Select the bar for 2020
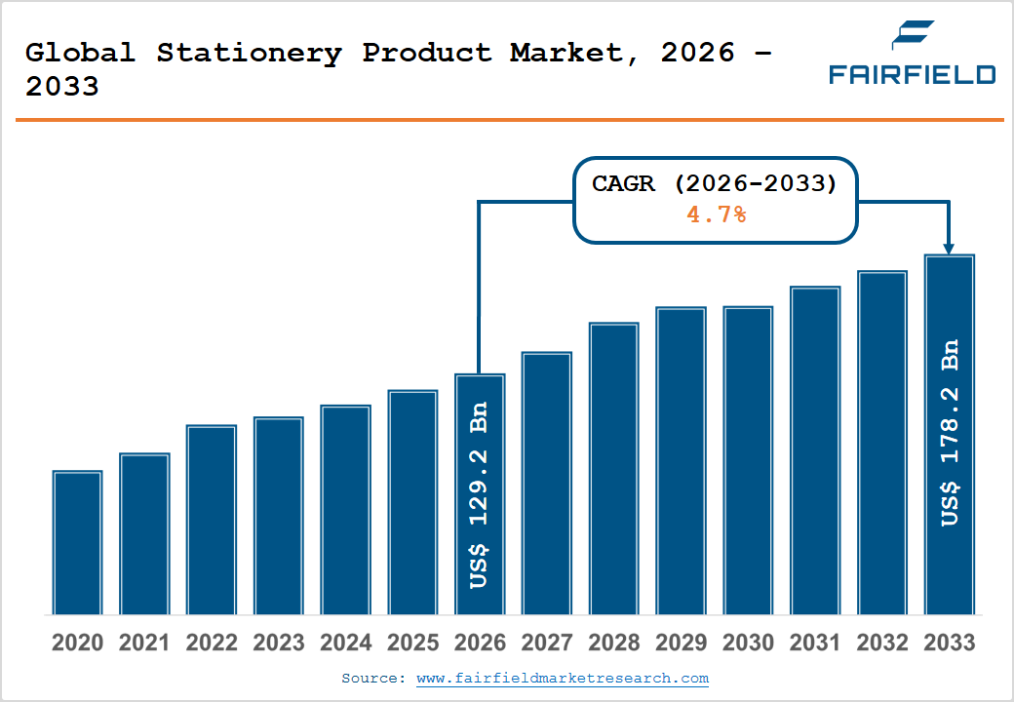tap(78, 542)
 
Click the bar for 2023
tap(279, 516)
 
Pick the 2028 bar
tap(613, 469)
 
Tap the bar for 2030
tap(748, 460)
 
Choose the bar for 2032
tap(882, 443)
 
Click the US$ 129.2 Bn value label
tap(479, 495)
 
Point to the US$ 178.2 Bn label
tap(950, 433)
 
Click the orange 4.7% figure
tap(716, 214)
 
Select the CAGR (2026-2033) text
tap(715, 183)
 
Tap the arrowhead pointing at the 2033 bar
tap(949, 249)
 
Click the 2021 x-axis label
tap(144, 643)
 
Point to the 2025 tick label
tap(412, 643)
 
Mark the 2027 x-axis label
tap(546, 643)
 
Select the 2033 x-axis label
tap(950, 643)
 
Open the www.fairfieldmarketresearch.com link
tap(563, 678)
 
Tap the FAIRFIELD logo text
tap(913, 74)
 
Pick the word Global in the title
tap(80, 53)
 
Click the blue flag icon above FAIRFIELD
tap(913, 35)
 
